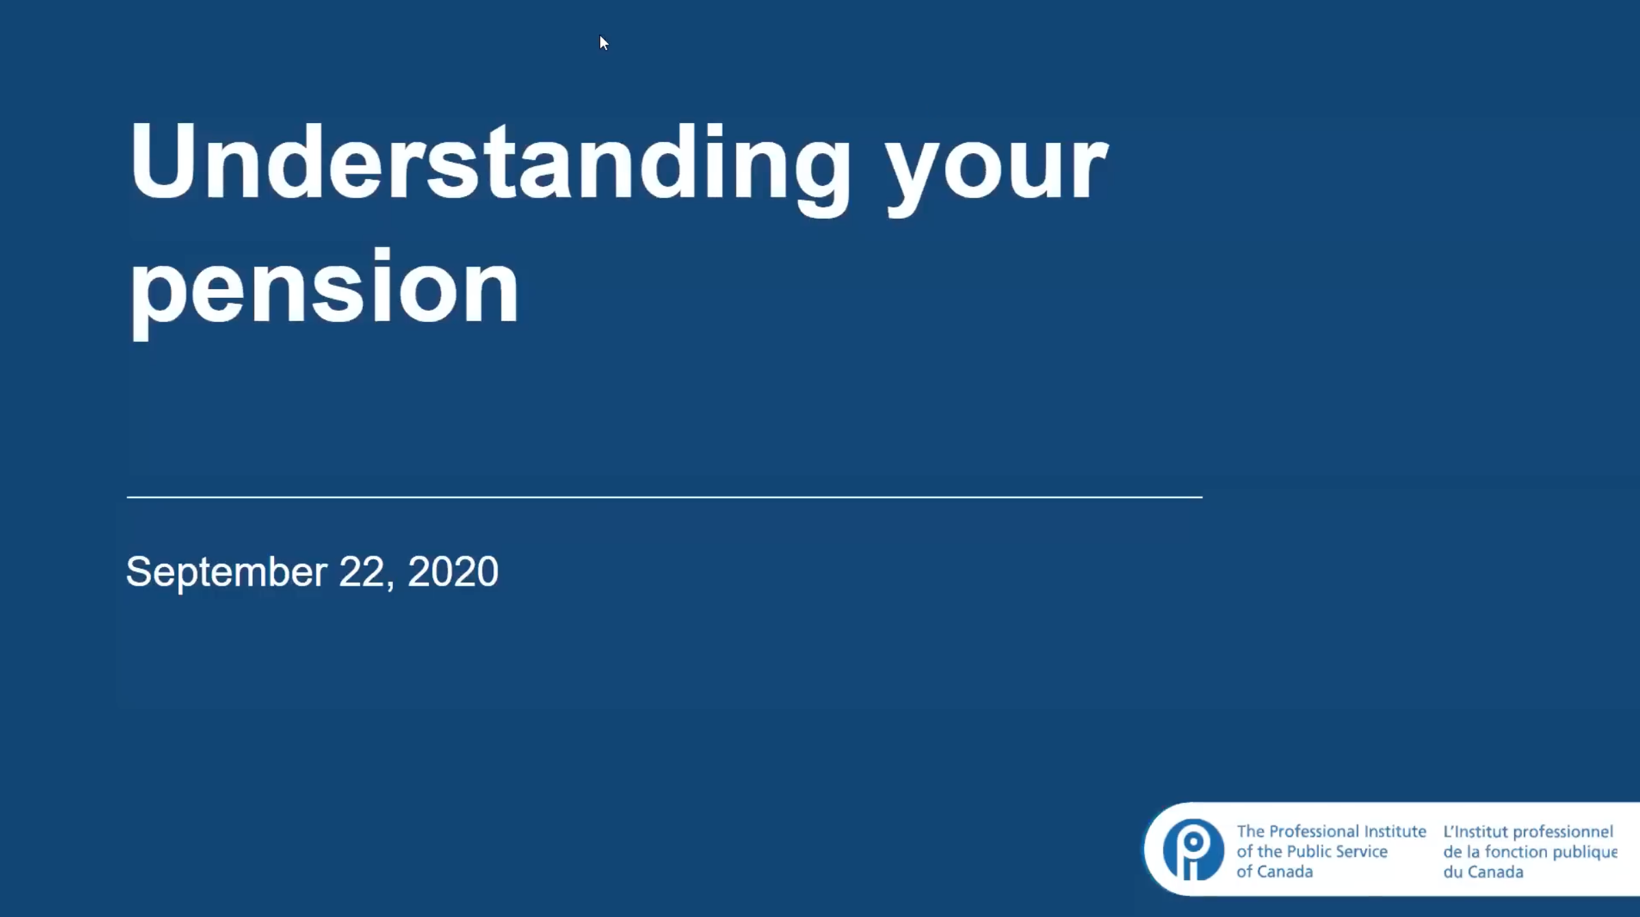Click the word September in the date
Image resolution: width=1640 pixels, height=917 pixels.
pyautogui.click(x=226, y=572)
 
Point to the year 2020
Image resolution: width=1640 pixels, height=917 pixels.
pyautogui.click(x=453, y=571)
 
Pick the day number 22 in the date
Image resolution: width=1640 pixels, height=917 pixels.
pyautogui.click(x=362, y=571)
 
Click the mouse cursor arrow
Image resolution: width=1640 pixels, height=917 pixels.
pyautogui.click(x=603, y=43)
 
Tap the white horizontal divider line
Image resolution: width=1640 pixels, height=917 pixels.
pyautogui.click(x=664, y=497)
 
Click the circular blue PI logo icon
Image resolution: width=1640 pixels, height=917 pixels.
pyautogui.click(x=1193, y=850)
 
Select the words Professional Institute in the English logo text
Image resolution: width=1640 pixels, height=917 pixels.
pyautogui.click(x=1347, y=831)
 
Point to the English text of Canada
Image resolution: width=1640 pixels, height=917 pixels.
pyautogui.click(x=1274, y=871)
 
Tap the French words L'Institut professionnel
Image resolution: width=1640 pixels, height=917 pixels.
pyautogui.click(x=1528, y=832)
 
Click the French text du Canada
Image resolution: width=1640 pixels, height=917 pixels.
pyautogui.click(x=1483, y=872)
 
